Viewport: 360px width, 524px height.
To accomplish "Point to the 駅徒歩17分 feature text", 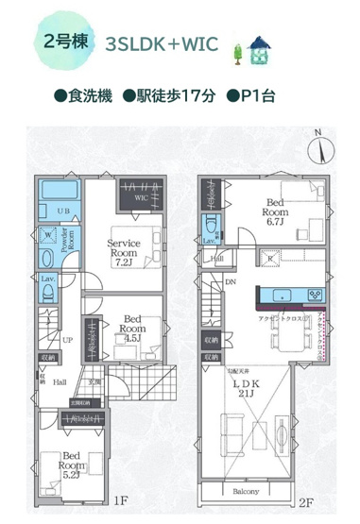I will click(169, 96).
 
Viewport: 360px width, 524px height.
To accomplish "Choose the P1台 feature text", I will click(249, 96).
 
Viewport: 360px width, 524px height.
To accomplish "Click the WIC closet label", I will click(140, 199).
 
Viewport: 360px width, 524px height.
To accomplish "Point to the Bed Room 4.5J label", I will click(132, 326).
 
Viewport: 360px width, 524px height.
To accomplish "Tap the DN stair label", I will click(229, 281).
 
